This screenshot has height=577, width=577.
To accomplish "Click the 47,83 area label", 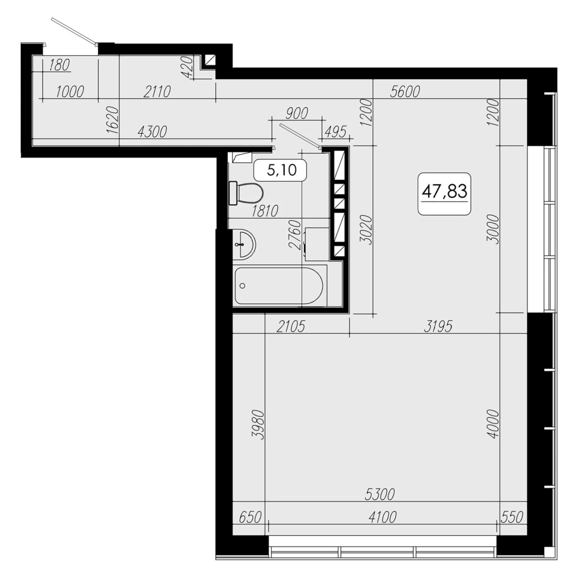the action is (444, 191).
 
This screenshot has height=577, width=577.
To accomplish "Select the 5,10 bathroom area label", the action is (281, 170).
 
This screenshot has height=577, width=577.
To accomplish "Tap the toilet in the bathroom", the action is (246, 193).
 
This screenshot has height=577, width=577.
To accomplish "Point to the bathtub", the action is (279, 286).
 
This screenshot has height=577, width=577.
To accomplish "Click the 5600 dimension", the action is (405, 92).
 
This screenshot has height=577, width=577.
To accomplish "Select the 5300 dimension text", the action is (380, 494).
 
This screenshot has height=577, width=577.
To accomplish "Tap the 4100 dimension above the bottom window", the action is (382, 517).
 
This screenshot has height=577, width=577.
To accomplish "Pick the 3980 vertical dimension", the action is (259, 424).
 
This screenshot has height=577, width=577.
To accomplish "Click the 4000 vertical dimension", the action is (493, 424).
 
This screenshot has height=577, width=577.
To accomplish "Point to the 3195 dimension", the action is (438, 326).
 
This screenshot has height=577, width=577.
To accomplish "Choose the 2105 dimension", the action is (291, 326).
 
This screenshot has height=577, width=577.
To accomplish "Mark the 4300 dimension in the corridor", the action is (152, 132).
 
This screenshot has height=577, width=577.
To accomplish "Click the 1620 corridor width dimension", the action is (113, 120).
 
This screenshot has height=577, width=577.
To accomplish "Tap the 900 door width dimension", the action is (296, 113).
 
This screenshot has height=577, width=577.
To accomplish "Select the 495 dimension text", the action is (335, 132).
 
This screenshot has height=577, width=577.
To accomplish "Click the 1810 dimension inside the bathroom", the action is (265, 211).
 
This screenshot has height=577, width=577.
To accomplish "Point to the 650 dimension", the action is (250, 517).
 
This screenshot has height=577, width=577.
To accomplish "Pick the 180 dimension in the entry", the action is (59, 65).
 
